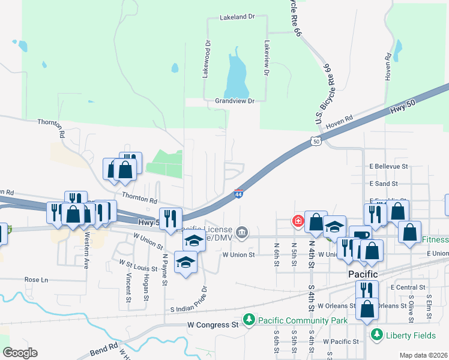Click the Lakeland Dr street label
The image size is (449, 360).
[x=237, y=17]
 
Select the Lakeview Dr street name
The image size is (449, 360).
[x=265, y=58]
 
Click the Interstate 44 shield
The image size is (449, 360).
[x=238, y=193]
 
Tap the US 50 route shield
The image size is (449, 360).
[x=316, y=141]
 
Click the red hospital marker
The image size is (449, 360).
[x=297, y=221]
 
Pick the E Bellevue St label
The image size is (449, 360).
[x=389, y=166]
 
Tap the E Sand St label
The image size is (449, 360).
[x=384, y=183]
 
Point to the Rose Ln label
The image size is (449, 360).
[x=35, y=280]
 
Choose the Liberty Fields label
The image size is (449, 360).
[x=409, y=334]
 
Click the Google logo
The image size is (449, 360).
[x=20, y=352]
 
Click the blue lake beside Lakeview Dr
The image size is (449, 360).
[x=237, y=75]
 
